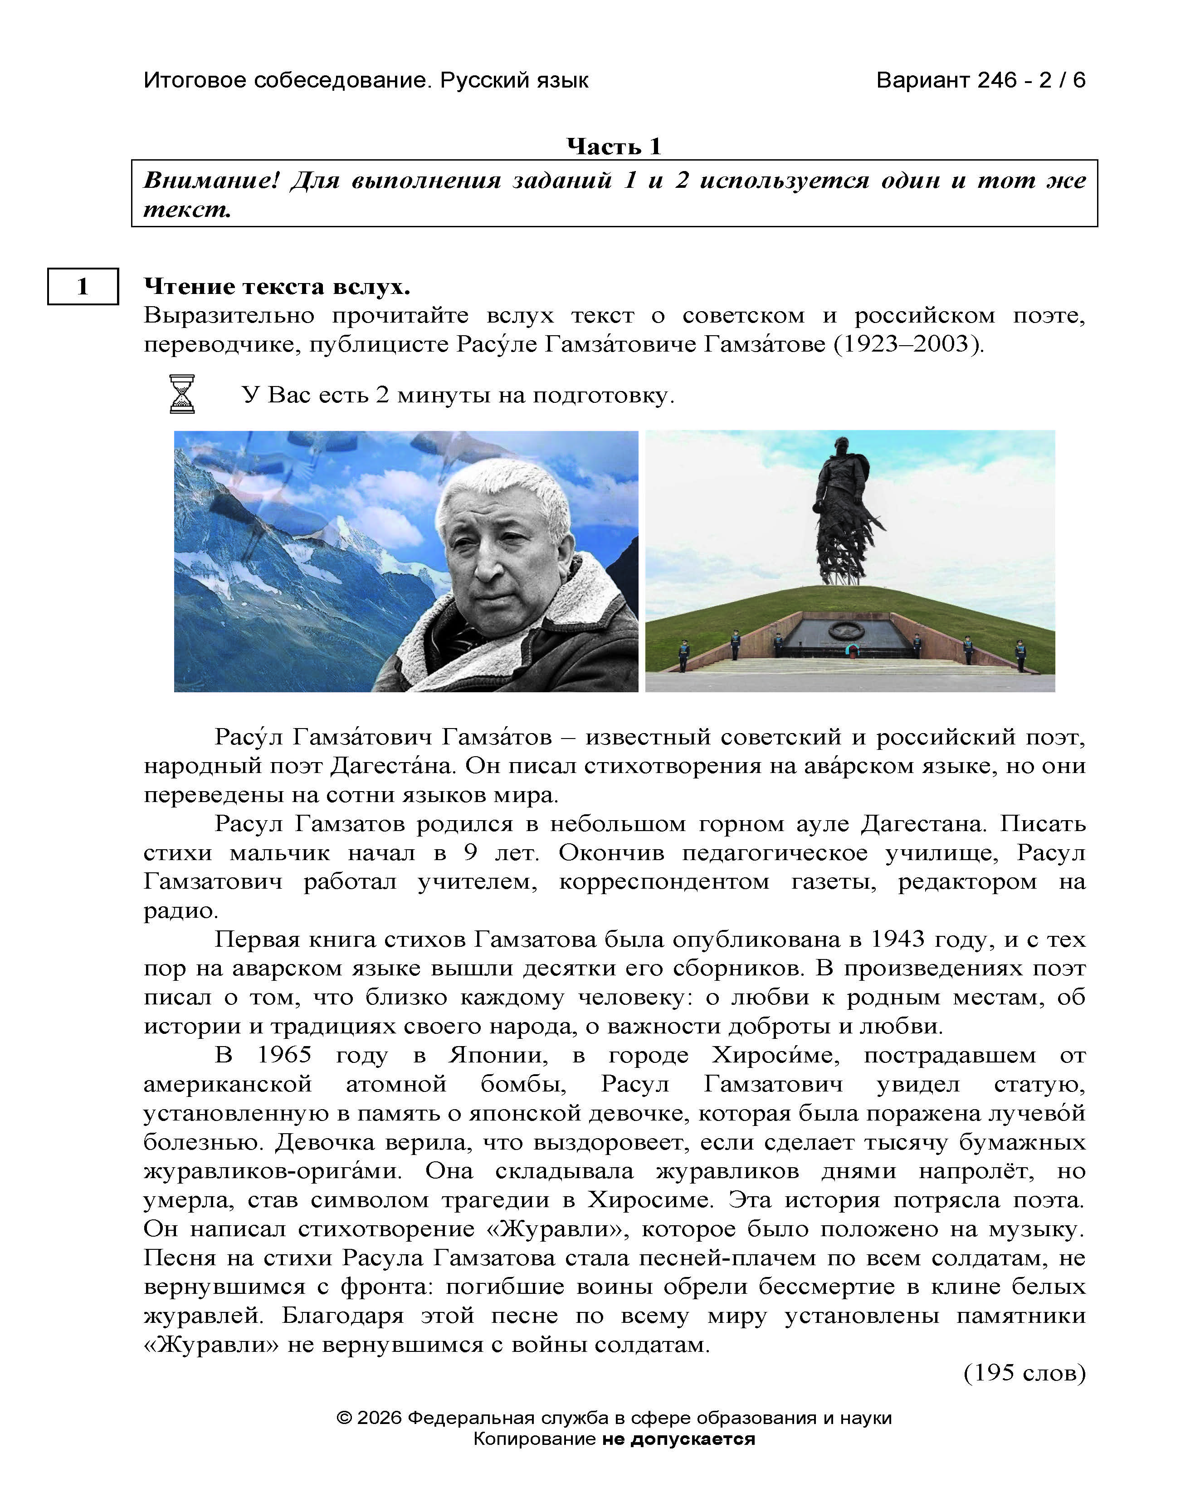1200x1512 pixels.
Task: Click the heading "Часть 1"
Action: pyautogui.click(x=613, y=146)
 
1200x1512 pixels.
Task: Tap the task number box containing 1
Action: pyautogui.click(x=83, y=286)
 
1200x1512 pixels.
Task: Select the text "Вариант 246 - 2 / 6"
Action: pyautogui.click(x=980, y=80)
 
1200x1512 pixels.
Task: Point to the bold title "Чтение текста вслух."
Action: pyautogui.click(x=277, y=286)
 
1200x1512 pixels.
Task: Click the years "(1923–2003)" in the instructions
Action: pyautogui.click(x=908, y=344)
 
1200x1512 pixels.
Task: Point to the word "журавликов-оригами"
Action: pyautogui.click(x=273, y=1171)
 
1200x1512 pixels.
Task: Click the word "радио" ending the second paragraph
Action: pyautogui.click(x=180, y=910)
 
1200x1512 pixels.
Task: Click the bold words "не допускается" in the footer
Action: pyautogui.click(x=678, y=1439)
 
